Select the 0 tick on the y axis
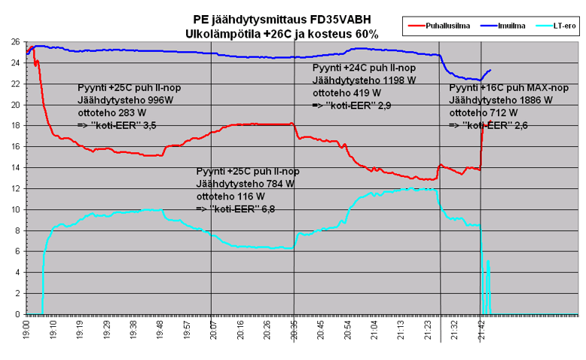tap(18, 314)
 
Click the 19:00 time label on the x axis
tap(27, 330)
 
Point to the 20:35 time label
tap(294, 330)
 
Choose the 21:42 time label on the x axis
tap(481, 330)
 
